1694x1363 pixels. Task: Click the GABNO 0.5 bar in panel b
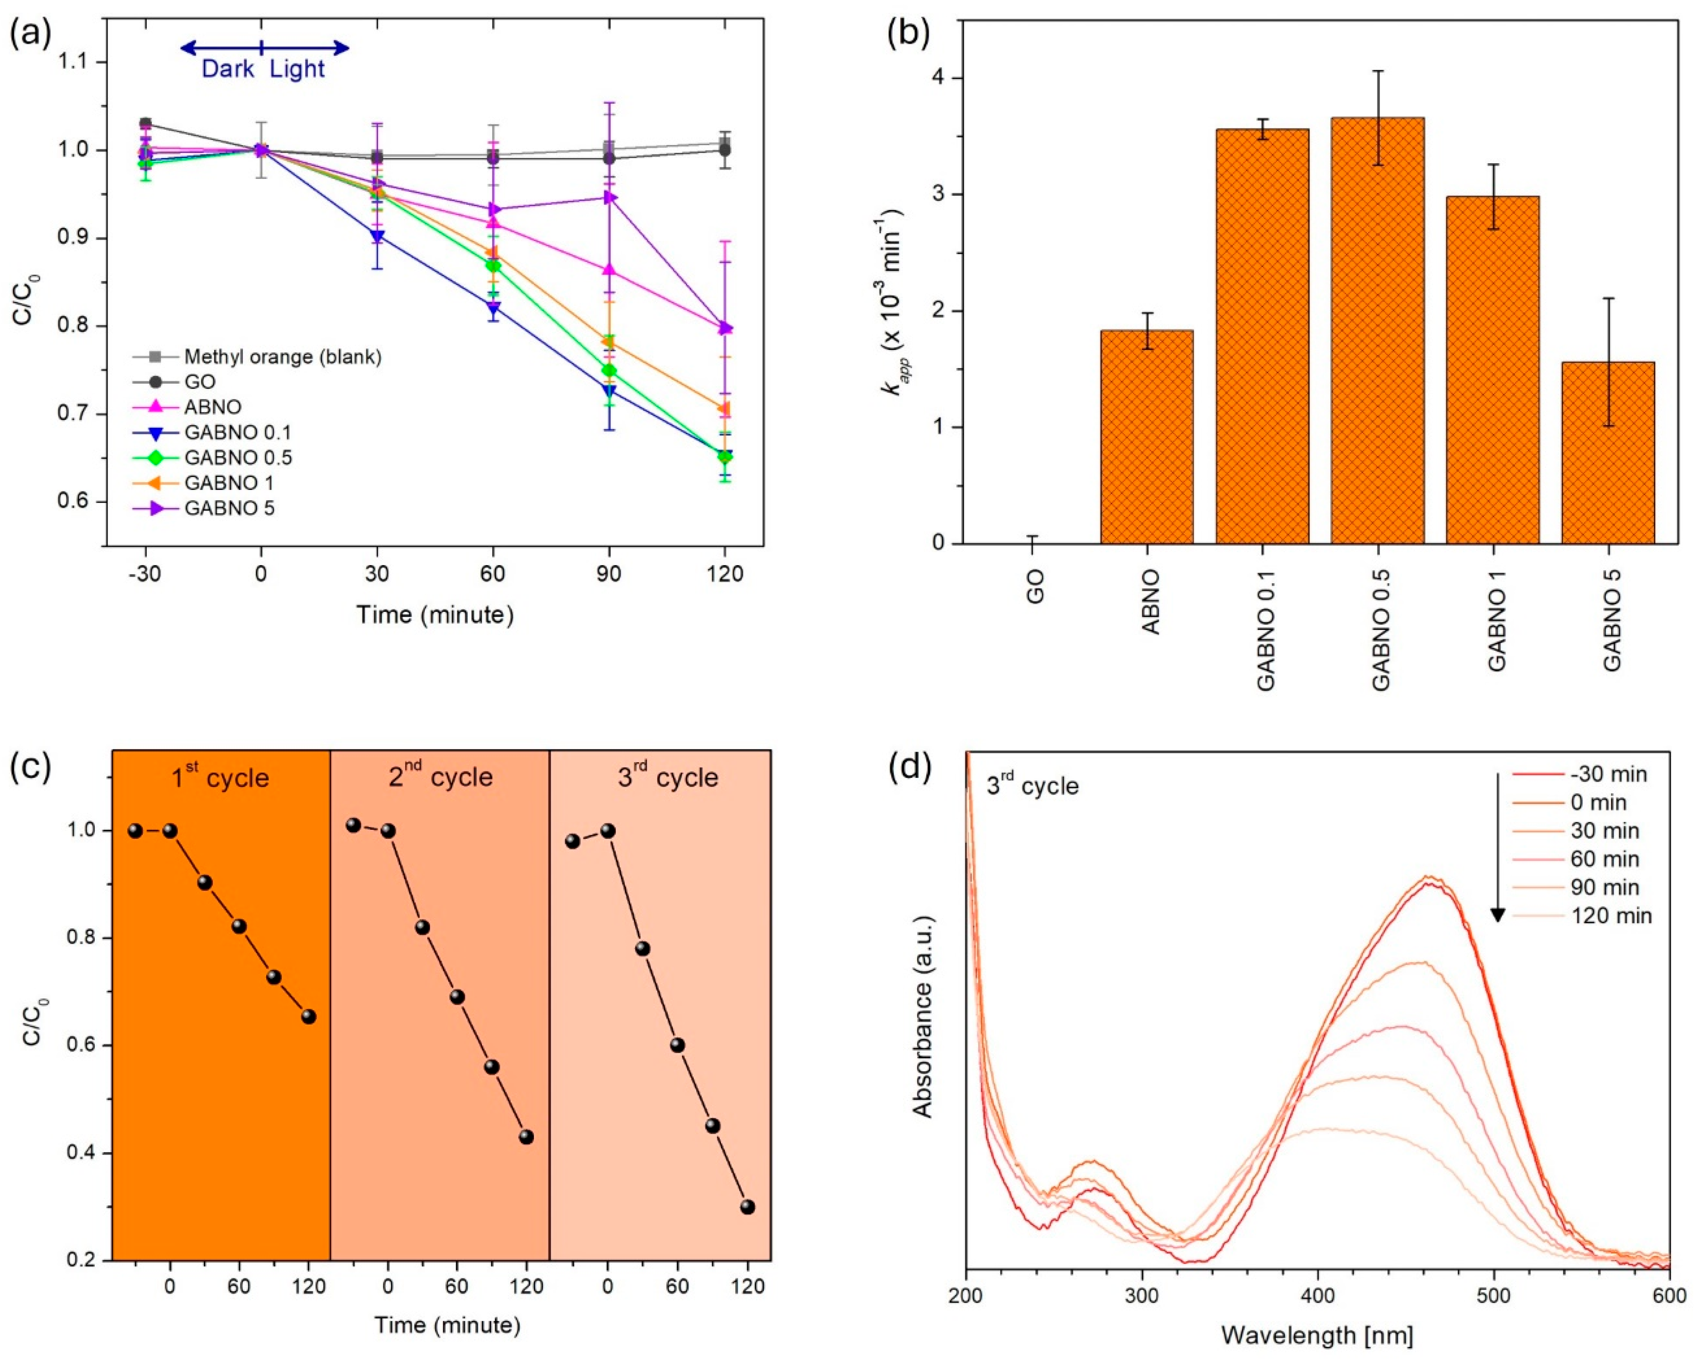(x=1377, y=330)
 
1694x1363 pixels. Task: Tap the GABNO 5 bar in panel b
(x=1608, y=452)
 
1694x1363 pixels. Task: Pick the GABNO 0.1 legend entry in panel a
(x=212, y=432)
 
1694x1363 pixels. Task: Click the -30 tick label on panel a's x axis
(x=145, y=574)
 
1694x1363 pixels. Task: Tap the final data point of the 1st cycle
(x=308, y=1016)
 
